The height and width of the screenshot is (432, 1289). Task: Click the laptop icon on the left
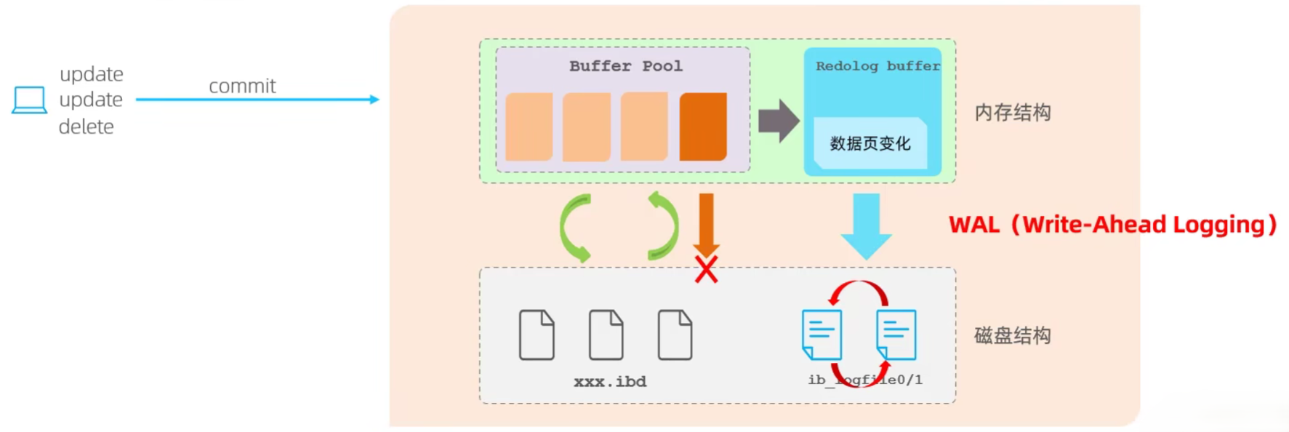tap(30, 100)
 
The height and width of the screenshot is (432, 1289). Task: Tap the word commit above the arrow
tap(242, 87)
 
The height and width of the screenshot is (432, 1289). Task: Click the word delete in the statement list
tap(87, 127)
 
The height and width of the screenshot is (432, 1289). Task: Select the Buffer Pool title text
tap(625, 66)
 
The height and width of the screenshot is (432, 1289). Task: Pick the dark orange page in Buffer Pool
tap(702, 127)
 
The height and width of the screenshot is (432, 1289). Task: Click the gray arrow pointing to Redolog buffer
tap(778, 121)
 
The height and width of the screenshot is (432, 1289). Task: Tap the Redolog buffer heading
tap(877, 66)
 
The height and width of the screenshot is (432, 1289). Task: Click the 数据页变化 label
tap(870, 143)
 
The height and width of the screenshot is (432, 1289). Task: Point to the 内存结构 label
tap(1012, 113)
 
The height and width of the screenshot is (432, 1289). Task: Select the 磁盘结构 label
tap(1012, 335)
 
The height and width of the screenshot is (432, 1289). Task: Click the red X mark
tap(706, 269)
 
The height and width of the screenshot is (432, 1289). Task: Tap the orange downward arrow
tap(706, 222)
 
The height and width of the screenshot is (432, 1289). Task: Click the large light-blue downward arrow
tap(866, 225)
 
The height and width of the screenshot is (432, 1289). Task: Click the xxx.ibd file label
tap(609, 382)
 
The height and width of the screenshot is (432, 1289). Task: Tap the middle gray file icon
tap(606, 335)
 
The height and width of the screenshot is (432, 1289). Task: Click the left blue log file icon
tap(822, 334)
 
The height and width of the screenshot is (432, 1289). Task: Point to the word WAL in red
tap(974, 225)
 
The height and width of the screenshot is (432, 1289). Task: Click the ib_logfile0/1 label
tap(864, 380)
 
